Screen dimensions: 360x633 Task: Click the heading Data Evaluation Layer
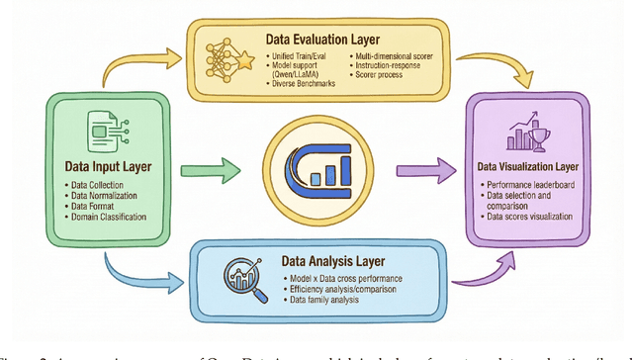pyautogui.click(x=324, y=40)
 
